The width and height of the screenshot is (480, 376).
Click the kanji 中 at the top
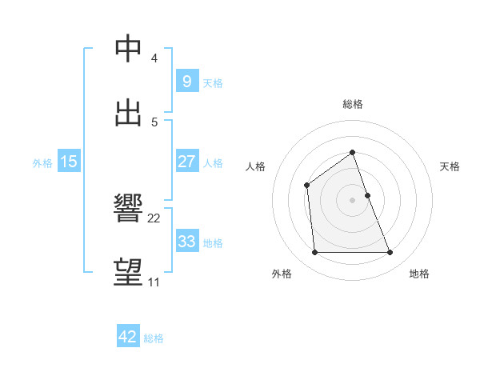pos(128,49)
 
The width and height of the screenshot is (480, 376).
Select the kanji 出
pos(128,113)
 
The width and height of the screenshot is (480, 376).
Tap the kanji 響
pos(128,209)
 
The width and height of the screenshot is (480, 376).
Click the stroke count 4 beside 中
pos(154,58)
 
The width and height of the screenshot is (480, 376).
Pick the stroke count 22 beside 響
pos(154,218)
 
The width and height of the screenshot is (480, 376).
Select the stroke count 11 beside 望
pos(154,282)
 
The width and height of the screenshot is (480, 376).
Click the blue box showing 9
pos(186,81)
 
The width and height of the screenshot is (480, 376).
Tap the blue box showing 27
pos(186,162)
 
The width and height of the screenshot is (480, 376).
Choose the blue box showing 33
pos(186,241)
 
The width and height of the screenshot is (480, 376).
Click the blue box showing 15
pos(69,162)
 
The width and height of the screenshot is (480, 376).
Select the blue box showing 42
pos(128,337)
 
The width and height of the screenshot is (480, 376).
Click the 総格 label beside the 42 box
pos(154,338)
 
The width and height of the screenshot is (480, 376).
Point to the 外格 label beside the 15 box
pos(42,163)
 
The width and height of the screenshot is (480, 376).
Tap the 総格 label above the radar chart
pos(353,104)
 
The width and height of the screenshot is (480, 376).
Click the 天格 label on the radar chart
pos(450,166)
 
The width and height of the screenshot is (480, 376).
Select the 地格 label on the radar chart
pos(419,274)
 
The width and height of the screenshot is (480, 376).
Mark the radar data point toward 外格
pos(314,253)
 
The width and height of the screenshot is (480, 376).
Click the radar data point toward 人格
pos(306,186)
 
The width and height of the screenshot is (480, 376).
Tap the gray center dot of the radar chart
pos(353,200)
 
